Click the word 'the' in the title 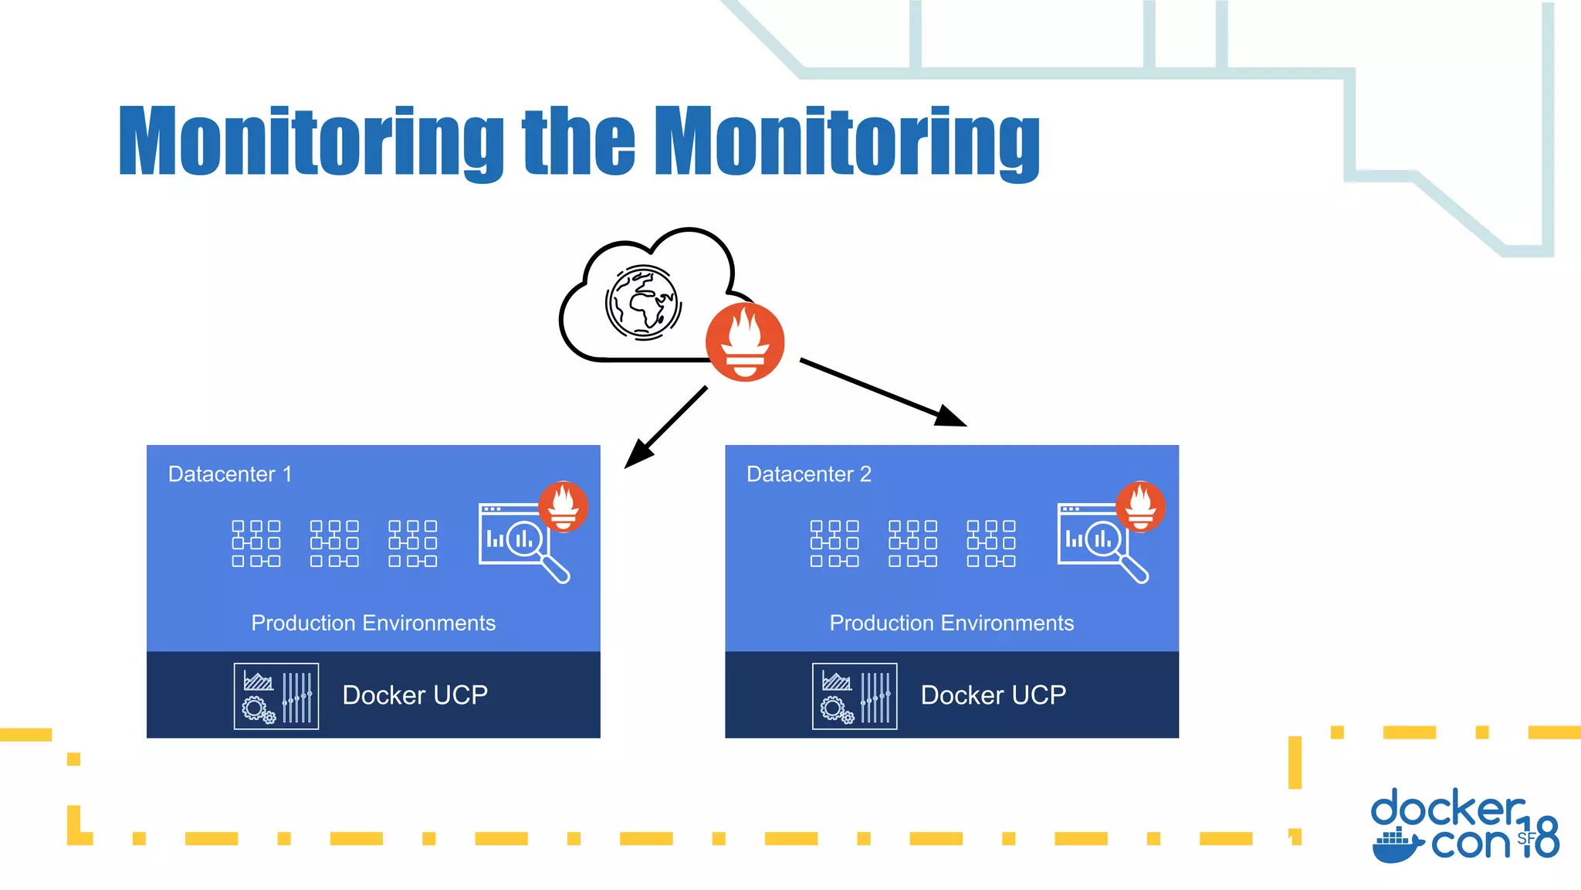(578, 141)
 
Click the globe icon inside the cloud (642, 303)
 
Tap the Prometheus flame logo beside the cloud (745, 342)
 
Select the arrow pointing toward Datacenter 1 (665, 428)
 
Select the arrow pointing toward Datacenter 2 (883, 392)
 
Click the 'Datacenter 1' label (230, 474)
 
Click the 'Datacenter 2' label (808, 474)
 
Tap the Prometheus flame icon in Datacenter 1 (564, 506)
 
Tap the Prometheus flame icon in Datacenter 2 (1141, 506)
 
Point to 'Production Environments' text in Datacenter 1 (373, 623)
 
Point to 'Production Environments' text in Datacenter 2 (951, 623)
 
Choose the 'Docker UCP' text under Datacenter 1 (415, 695)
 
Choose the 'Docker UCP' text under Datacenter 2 (993, 695)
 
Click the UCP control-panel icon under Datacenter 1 (276, 696)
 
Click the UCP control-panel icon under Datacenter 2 (855, 696)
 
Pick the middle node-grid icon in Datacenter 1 (334, 543)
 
